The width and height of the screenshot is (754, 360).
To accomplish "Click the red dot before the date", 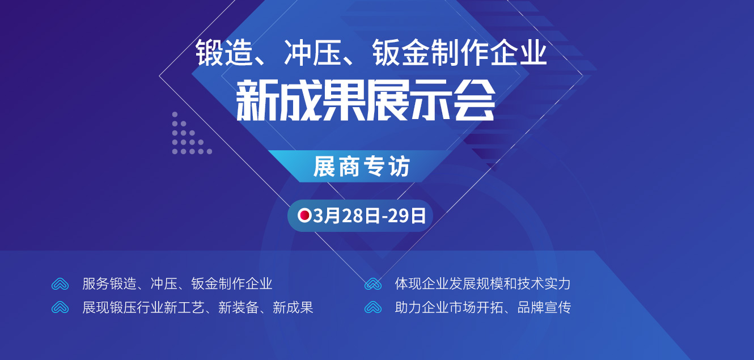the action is (304, 215).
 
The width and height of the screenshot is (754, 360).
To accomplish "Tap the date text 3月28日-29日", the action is (370, 216).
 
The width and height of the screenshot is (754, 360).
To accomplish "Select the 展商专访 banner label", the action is (362, 166).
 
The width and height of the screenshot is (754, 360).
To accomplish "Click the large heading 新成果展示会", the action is (366, 100).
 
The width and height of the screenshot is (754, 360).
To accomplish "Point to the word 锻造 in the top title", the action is (224, 53).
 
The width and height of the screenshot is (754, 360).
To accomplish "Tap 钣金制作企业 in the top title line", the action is (459, 52).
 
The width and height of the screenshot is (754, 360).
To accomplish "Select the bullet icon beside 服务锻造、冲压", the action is (60, 284).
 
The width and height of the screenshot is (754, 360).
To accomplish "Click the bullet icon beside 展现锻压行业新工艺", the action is (60, 307).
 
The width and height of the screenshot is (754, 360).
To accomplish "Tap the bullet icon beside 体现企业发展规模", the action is (373, 284).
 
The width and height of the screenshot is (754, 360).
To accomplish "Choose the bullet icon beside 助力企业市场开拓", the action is (373, 307).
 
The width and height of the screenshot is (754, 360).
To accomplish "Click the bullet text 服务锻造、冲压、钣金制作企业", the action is (177, 283).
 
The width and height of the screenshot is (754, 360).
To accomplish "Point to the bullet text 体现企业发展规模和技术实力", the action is (482, 283).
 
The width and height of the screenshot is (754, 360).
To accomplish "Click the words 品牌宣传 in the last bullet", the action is (544, 307).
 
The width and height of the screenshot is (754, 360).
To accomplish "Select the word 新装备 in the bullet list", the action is (239, 307).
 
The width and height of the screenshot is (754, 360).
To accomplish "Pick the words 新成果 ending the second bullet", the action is (293, 307).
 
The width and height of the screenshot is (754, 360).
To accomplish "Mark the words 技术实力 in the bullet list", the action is (544, 283).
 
